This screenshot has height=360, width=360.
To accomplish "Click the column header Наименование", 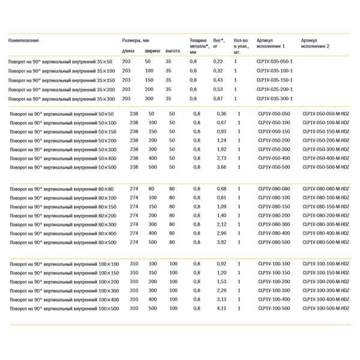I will [23, 40].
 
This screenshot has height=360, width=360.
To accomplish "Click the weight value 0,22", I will [218, 62].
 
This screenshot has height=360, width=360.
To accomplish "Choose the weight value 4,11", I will [222, 308].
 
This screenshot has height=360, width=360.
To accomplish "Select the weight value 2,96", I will [222, 233].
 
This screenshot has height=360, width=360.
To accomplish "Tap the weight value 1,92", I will [222, 148].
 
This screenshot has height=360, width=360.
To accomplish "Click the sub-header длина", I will [128, 52].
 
